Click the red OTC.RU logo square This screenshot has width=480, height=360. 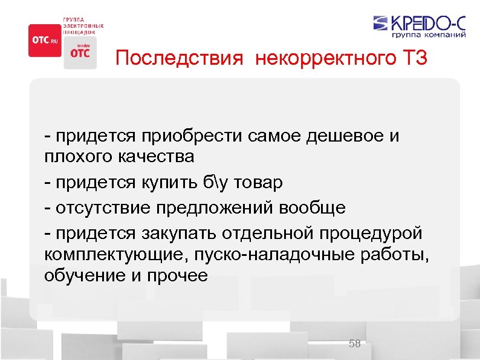point(45,40)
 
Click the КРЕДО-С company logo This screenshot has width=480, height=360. point(420,24)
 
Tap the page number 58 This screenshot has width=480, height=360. point(355,344)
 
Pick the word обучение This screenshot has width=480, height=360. point(82,276)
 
